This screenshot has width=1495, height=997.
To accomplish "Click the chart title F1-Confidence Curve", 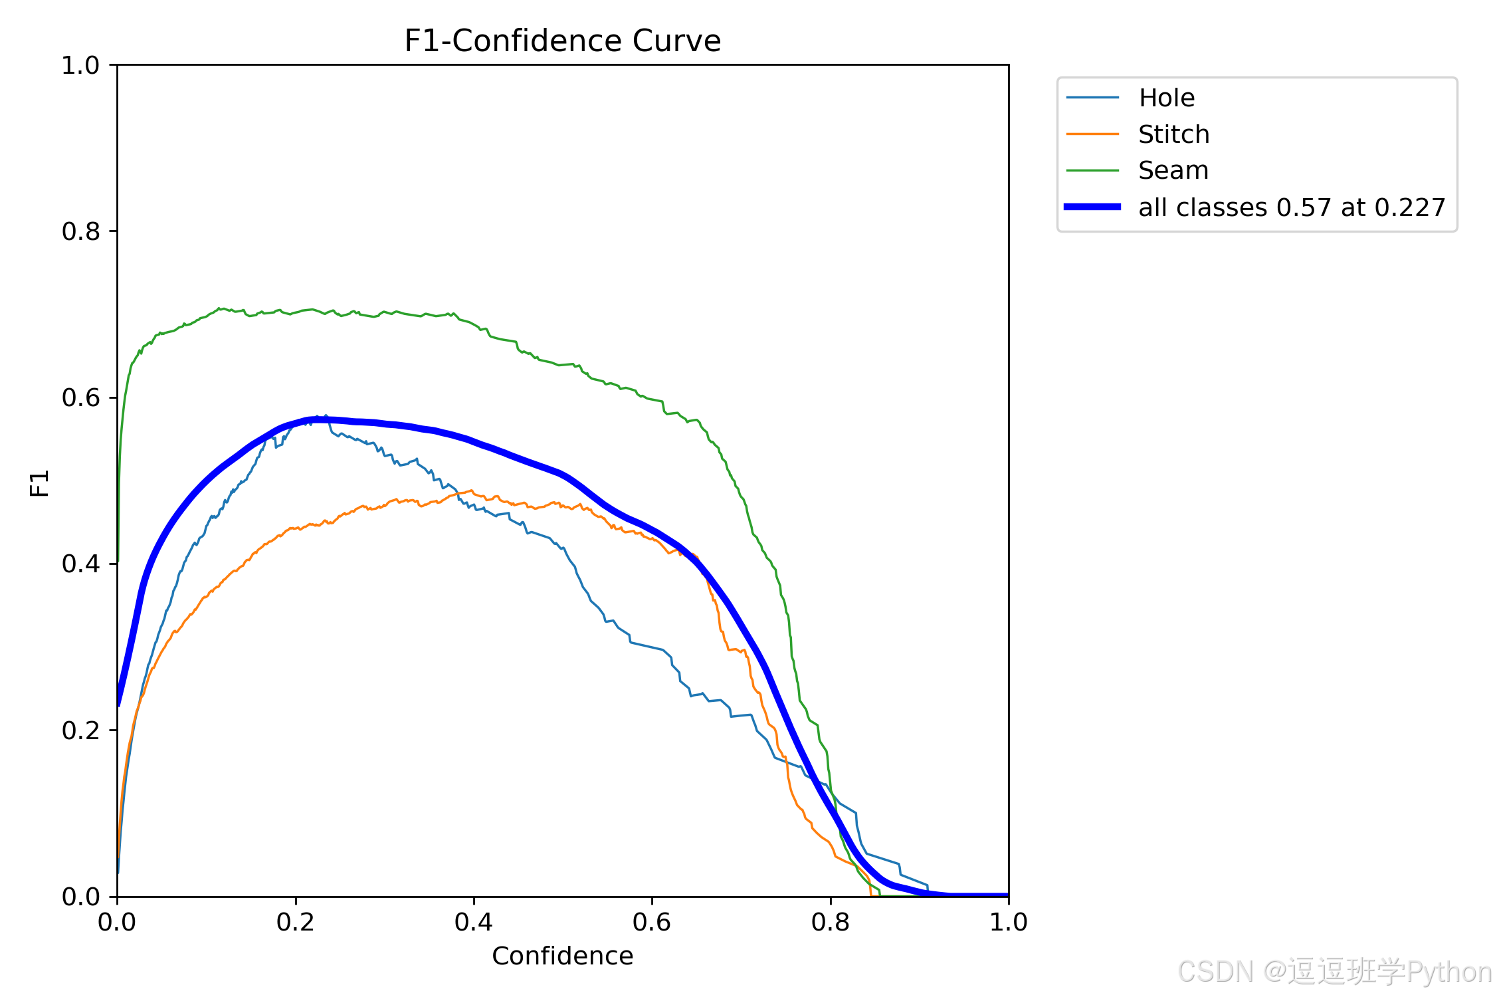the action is point(562,41).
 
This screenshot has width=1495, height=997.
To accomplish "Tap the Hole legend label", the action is point(1167,98).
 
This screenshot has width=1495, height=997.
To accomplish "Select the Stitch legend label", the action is point(1173,134).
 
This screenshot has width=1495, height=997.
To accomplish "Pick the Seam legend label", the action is point(1173,171).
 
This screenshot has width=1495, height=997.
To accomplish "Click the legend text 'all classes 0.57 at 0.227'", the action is point(1292,207).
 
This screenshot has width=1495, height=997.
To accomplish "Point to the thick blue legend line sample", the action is point(1092,207).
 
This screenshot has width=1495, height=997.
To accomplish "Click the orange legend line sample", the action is point(1092,134).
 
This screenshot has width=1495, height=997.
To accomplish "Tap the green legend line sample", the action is point(1092,171).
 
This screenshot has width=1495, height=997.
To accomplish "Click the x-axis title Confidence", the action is point(562,956).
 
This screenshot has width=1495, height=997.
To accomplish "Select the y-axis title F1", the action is point(40,483).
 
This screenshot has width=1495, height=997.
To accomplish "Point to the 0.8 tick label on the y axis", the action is point(80,231).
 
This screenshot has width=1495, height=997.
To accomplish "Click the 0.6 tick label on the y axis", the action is point(80,397).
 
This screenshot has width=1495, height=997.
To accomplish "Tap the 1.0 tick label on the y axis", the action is point(80,65).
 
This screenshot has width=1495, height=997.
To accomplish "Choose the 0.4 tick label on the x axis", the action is point(474,922).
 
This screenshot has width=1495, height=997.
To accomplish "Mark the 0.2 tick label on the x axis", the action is point(296,922).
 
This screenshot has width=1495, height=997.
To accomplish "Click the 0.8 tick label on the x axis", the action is point(831,922).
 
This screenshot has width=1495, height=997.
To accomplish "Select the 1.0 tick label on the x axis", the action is point(1009,922).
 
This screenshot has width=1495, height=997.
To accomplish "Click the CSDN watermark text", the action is point(1335,972).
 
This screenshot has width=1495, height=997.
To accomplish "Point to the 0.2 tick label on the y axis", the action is point(80,730).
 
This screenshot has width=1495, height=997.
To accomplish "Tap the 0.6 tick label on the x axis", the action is point(652,922).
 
